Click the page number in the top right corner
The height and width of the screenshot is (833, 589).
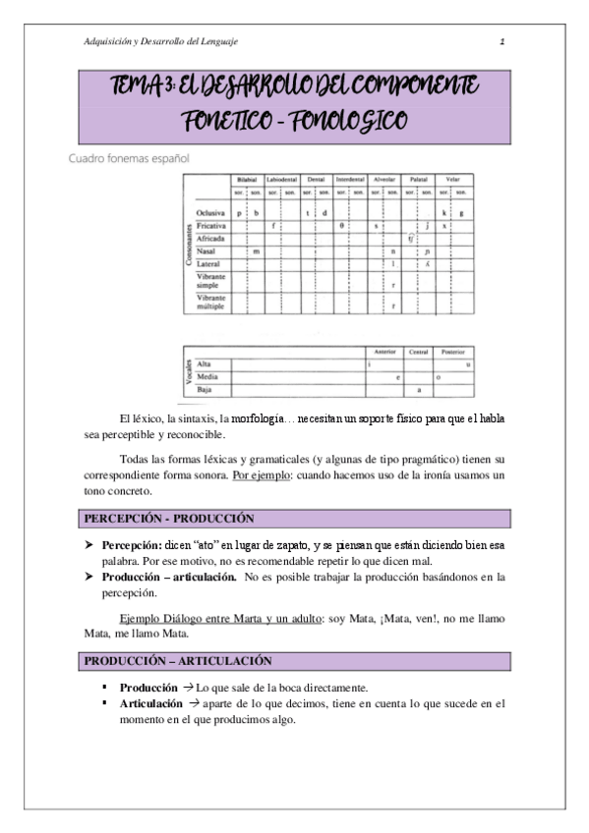(501, 41)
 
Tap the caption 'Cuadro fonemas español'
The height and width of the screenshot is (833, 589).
(128, 156)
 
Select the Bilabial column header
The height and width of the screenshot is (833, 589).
(246, 180)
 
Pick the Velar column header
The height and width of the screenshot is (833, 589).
(452, 180)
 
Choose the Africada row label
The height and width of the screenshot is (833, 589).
(210, 239)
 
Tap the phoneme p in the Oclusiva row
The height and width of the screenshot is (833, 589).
(238, 212)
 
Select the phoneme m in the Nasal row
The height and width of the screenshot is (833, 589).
(256, 251)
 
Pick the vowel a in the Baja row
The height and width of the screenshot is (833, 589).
(420, 390)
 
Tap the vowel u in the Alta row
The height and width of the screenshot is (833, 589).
(467, 364)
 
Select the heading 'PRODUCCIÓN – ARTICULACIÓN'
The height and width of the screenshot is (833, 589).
(178, 661)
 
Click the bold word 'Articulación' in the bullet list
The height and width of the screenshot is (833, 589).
(150, 703)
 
